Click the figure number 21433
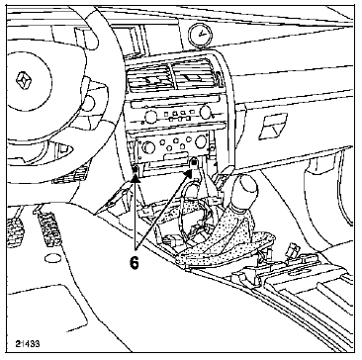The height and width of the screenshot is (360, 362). (30, 343)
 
